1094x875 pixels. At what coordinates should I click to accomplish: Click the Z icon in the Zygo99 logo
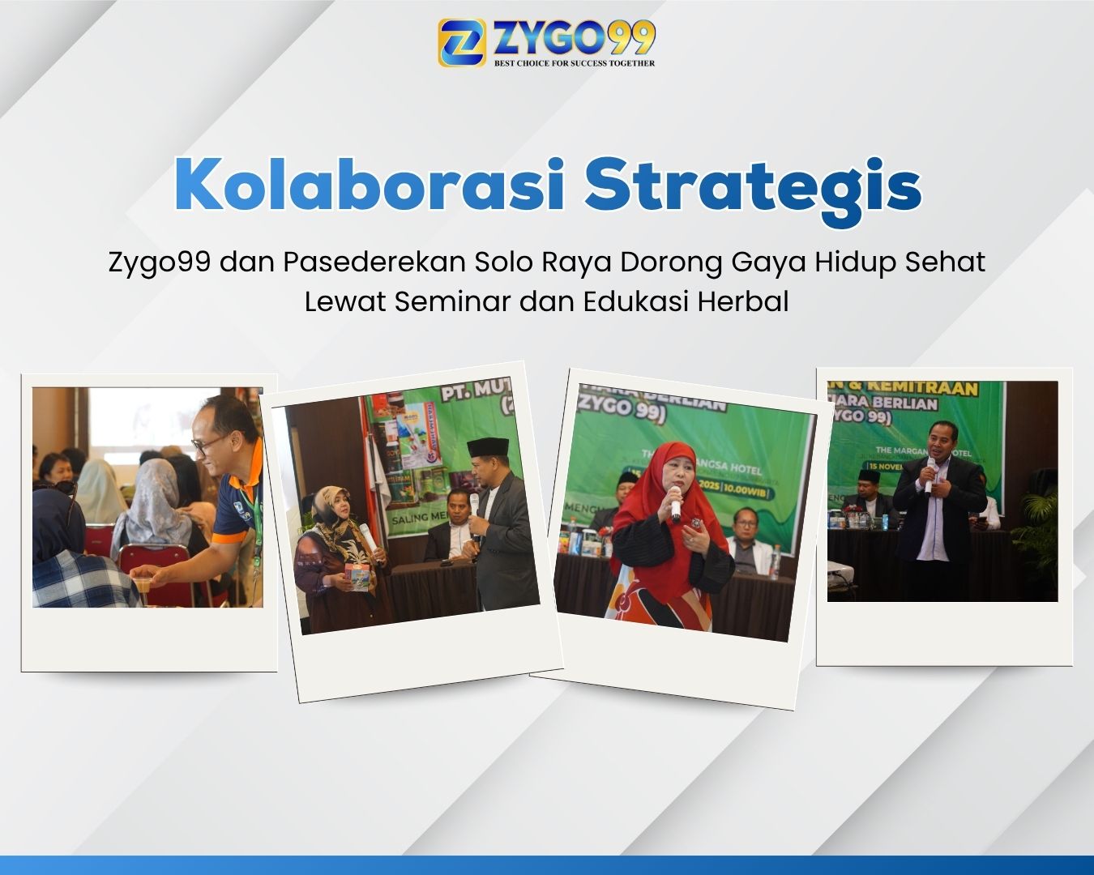click(462, 42)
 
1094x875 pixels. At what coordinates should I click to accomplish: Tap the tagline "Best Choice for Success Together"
click(575, 62)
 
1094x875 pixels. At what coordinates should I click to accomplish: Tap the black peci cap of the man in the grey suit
click(488, 447)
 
